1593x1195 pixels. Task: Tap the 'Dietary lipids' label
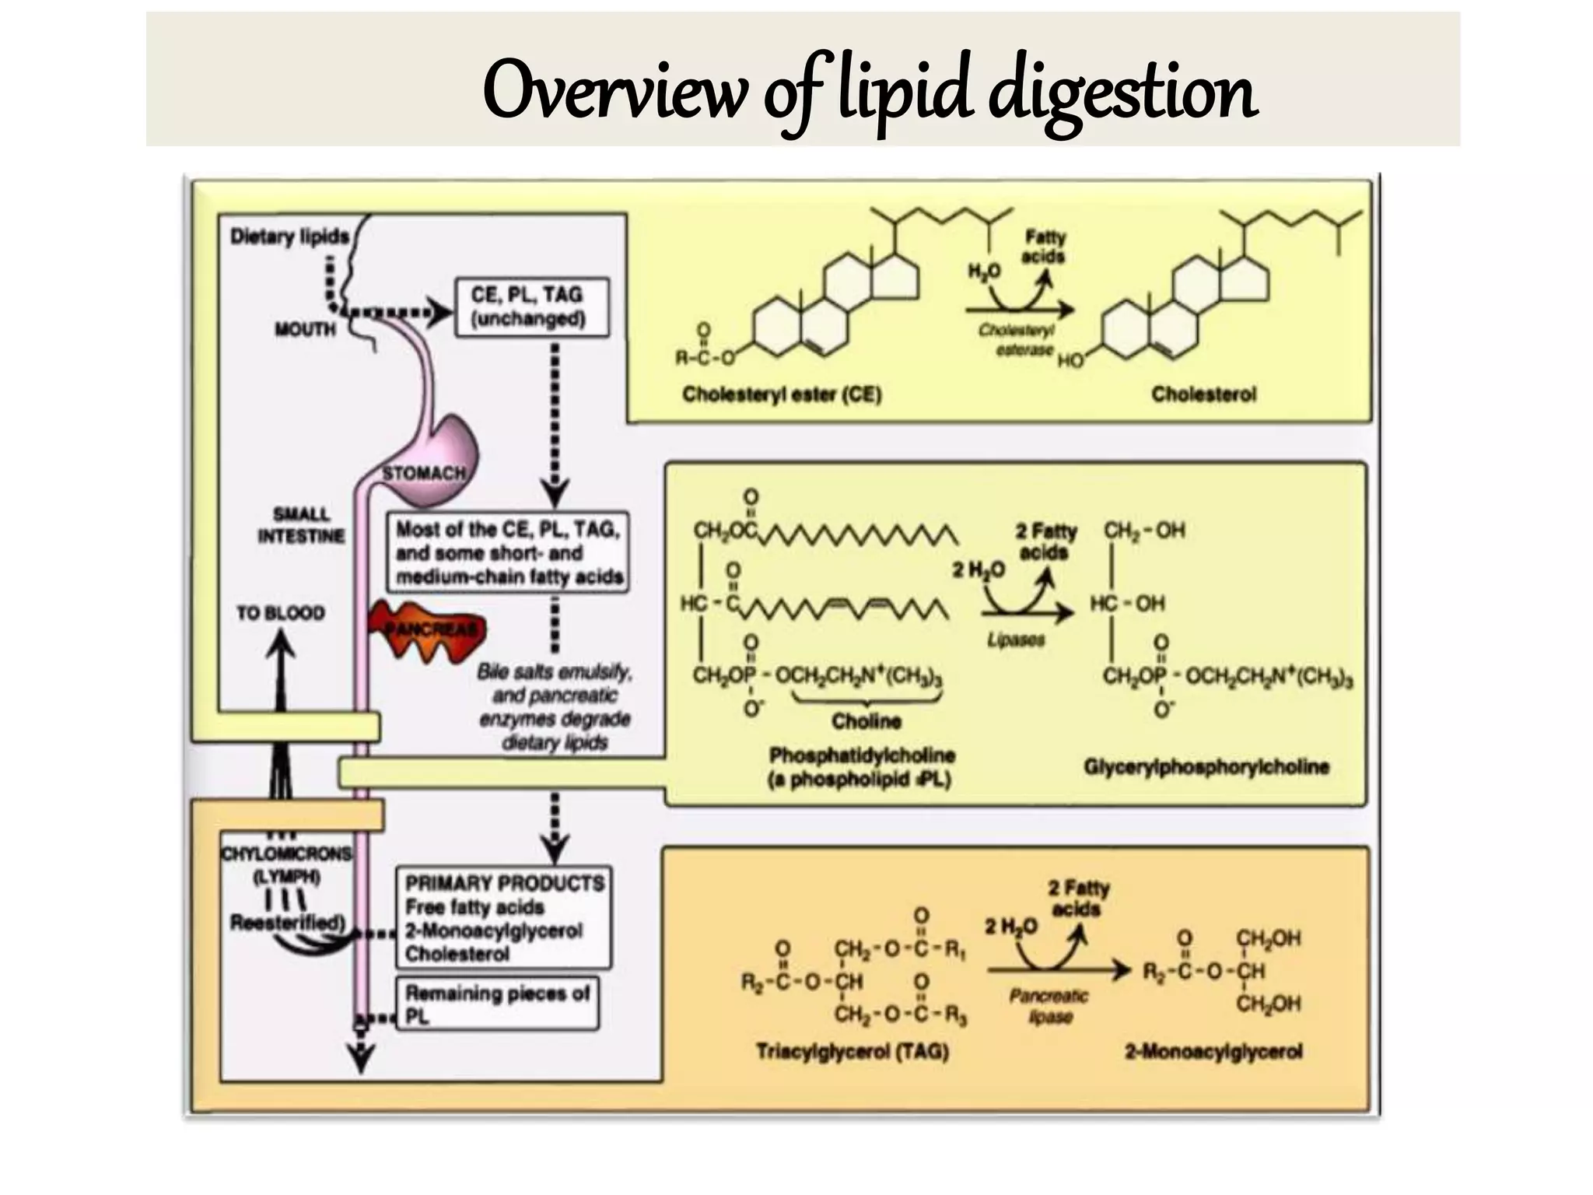tap(289, 237)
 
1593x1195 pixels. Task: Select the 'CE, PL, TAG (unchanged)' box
tap(530, 307)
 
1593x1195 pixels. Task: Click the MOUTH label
tap(305, 329)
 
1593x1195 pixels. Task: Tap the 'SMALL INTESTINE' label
tap(301, 525)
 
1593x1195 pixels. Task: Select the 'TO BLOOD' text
tap(280, 613)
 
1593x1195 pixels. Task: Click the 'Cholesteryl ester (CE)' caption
tap(781, 394)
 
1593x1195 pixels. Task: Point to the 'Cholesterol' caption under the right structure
tap(1203, 394)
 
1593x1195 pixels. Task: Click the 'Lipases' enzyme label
tap(1015, 640)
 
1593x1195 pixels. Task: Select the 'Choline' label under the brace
tap(867, 721)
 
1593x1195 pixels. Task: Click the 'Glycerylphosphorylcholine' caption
tap(1206, 767)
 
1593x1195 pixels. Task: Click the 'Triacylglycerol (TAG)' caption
tap(852, 1052)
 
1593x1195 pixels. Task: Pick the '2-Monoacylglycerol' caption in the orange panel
tap(1213, 1052)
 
